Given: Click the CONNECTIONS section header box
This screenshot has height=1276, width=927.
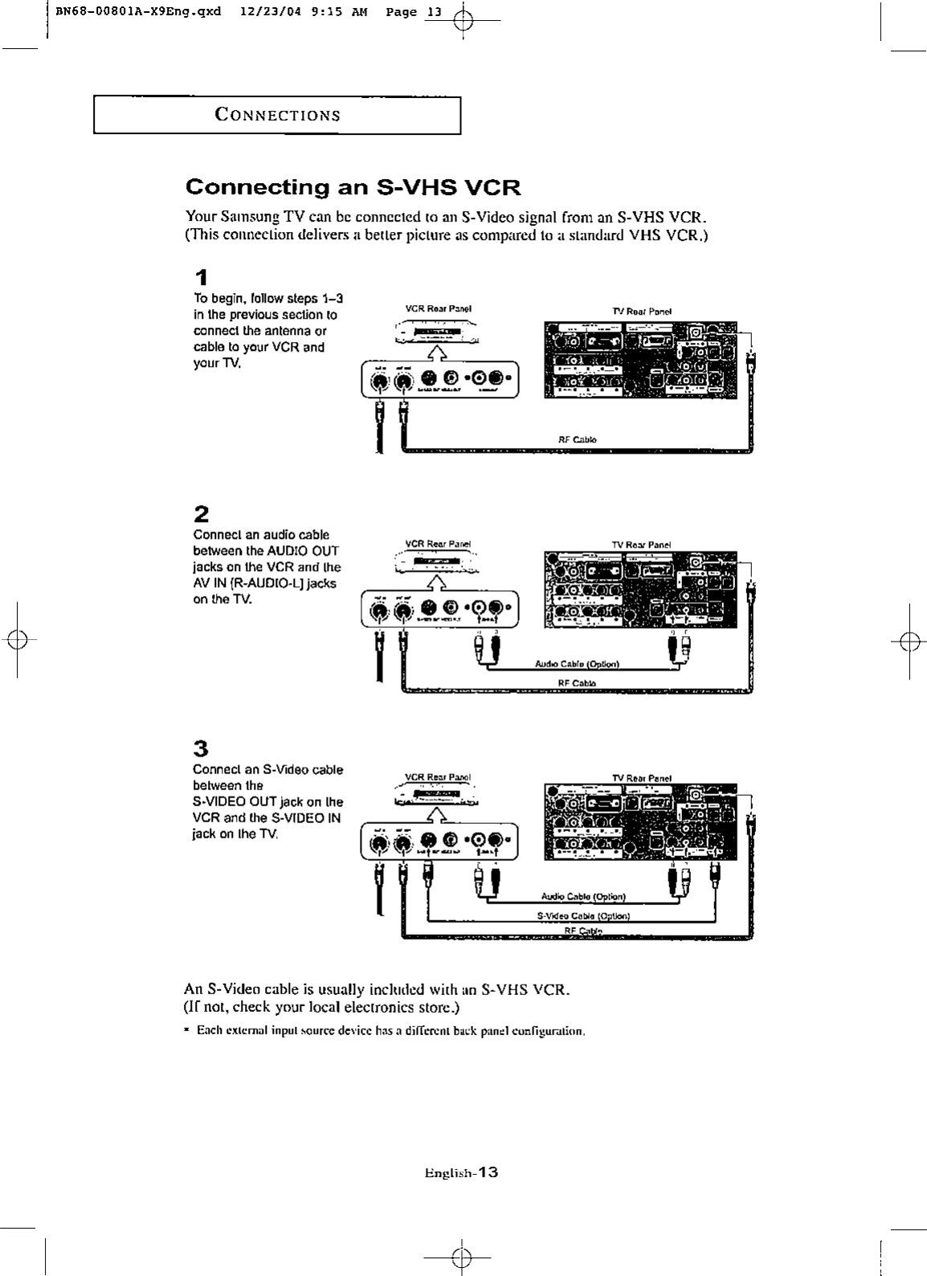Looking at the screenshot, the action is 277,115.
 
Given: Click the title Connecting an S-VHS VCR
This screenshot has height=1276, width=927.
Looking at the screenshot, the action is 353,188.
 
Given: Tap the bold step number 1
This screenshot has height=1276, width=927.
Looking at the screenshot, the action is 202,278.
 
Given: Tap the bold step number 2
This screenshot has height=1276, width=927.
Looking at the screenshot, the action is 202,513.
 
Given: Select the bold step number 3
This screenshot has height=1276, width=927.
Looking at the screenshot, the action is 202,748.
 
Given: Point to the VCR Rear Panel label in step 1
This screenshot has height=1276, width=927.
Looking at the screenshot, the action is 438,308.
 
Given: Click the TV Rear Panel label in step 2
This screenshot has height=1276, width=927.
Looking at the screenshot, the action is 641,544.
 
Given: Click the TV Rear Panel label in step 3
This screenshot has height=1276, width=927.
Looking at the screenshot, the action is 641,777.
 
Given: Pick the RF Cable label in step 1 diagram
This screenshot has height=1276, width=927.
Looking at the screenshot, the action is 577,439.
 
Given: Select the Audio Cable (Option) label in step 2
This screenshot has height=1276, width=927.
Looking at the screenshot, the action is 576,664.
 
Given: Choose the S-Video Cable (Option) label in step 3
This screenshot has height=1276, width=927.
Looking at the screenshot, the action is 582,915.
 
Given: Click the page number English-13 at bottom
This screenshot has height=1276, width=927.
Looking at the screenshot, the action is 461,1172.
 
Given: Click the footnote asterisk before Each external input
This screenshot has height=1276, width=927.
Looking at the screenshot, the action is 187,1030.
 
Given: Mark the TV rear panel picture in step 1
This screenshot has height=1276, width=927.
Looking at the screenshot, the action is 640,360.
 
